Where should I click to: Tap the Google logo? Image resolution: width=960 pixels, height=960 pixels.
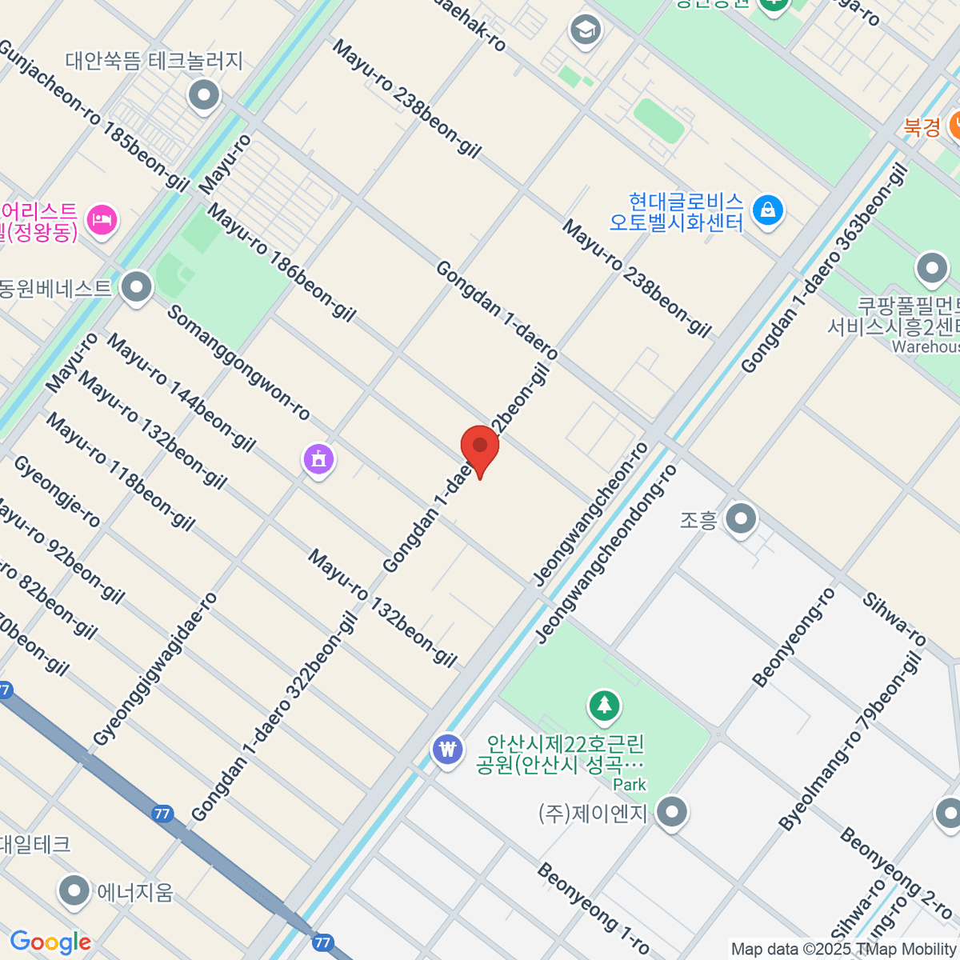coord(50,942)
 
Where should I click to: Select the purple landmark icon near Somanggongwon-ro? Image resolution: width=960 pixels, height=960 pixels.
coord(318,460)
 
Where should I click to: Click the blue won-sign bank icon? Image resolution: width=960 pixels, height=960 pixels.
coord(447,750)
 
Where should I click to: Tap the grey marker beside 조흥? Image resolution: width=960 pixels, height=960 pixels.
coord(741,519)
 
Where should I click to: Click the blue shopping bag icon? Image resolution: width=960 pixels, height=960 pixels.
coord(768,210)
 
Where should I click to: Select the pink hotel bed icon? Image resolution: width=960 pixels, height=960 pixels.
coord(102,218)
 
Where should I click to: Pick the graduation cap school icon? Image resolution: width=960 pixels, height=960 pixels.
coord(586,31)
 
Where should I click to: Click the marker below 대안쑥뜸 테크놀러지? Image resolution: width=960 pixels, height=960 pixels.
coord(204,96)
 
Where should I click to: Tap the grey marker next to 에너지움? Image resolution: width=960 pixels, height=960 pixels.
coord(74,891)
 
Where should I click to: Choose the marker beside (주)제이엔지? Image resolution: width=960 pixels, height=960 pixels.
coord(672,813)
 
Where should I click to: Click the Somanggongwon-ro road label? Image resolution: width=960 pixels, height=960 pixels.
coord(238,362)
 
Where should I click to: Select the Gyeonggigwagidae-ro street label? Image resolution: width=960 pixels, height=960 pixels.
coord(155,669)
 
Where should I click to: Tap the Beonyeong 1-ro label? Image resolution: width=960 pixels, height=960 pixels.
coord(593,907)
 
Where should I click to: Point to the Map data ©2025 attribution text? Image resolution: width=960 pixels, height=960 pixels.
coord(843,949)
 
